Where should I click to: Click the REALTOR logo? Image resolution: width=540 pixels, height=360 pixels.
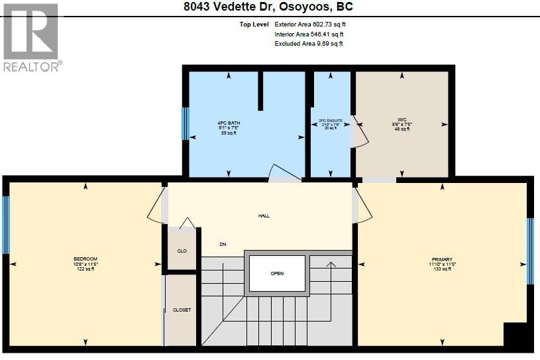coord(31,37)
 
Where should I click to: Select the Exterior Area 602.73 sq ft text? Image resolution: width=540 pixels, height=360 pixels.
coord(310,25)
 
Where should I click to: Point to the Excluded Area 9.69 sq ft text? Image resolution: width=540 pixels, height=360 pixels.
coord(309,44)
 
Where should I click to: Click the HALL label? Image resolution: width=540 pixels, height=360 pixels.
coord(264,215)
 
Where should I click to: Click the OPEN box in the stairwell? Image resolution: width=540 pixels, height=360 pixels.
coord(277,273)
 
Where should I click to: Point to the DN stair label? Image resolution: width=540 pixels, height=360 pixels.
coord(223,244)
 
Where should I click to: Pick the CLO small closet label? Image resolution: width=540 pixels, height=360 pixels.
coord(182,251)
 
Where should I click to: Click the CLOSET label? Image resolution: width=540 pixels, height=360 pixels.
coord(182,310)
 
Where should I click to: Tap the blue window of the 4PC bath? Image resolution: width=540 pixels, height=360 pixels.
coord(186,123)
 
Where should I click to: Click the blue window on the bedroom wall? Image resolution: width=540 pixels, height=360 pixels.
coord(6,225)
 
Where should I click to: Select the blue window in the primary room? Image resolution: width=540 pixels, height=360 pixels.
coord(529,251)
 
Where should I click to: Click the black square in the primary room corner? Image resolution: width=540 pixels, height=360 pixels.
coord(517,336)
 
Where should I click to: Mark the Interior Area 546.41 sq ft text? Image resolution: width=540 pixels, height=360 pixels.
coord(309,34)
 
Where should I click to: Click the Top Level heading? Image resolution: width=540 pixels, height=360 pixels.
coord(254,25)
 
